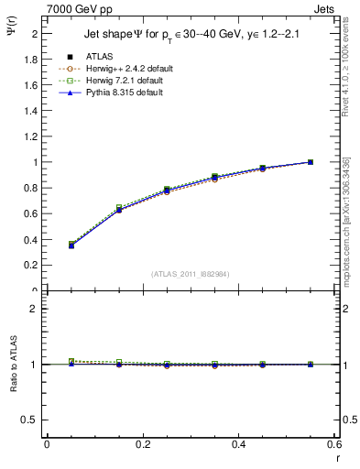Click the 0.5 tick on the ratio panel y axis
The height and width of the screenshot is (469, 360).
coord(34,420)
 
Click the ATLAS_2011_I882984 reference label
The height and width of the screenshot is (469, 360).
coord(191,272)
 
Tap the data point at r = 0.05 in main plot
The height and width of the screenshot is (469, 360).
coord(71,245)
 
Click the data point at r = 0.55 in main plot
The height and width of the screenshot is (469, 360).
coord(311,162)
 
